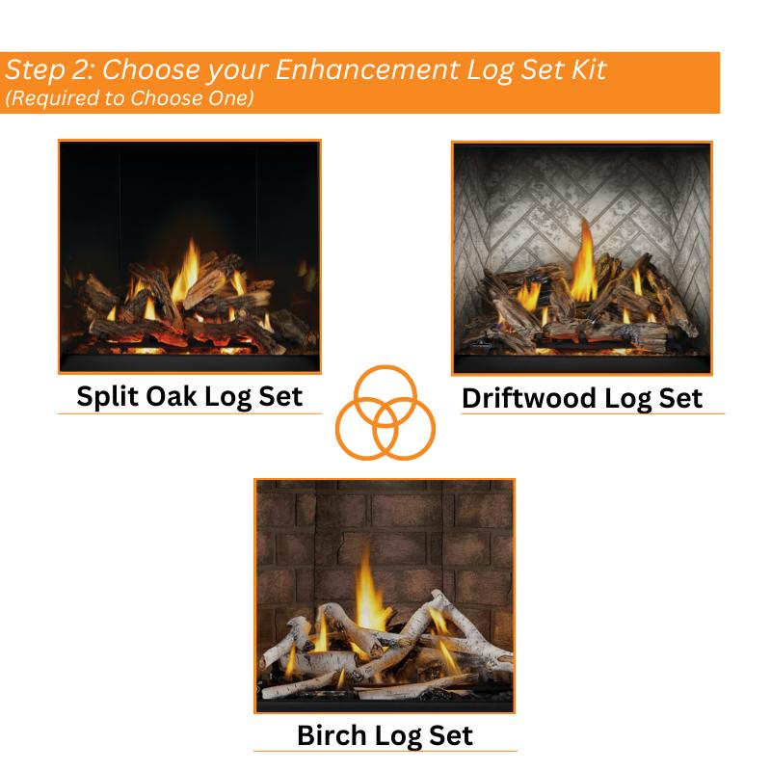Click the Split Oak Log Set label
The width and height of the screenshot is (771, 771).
coord(190,395)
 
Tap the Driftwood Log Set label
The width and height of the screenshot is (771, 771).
coord(582,397)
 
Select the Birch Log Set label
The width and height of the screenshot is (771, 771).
coord(385,735)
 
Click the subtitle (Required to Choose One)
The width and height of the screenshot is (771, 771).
coord(129,97)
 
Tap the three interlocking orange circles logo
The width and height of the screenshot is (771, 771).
coord(385,412)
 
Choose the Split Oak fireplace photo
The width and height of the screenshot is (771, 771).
coord(190,256)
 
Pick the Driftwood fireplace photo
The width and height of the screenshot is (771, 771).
coord(582,257)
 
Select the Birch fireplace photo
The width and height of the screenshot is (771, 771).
coord(385,595)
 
